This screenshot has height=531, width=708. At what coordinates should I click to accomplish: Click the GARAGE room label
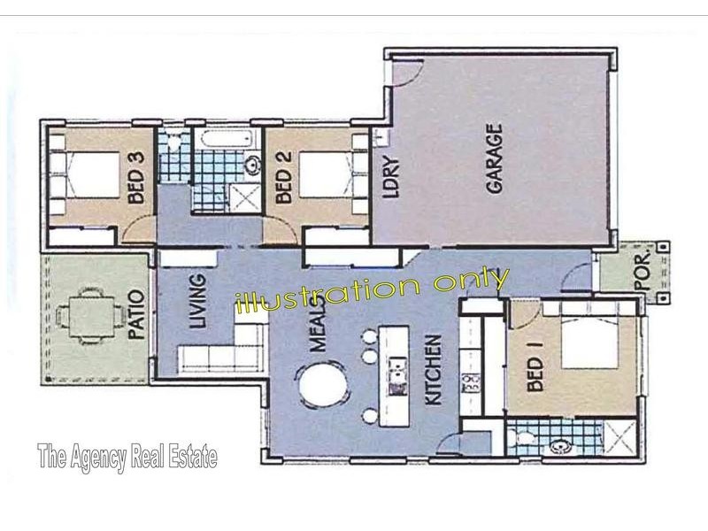tap(493, 159)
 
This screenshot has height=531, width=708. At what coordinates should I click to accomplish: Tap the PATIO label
tap(135, 314)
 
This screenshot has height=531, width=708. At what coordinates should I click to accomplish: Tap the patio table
tap(89, 313)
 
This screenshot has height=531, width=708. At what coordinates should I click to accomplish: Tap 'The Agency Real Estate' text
tap(127, 458)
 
